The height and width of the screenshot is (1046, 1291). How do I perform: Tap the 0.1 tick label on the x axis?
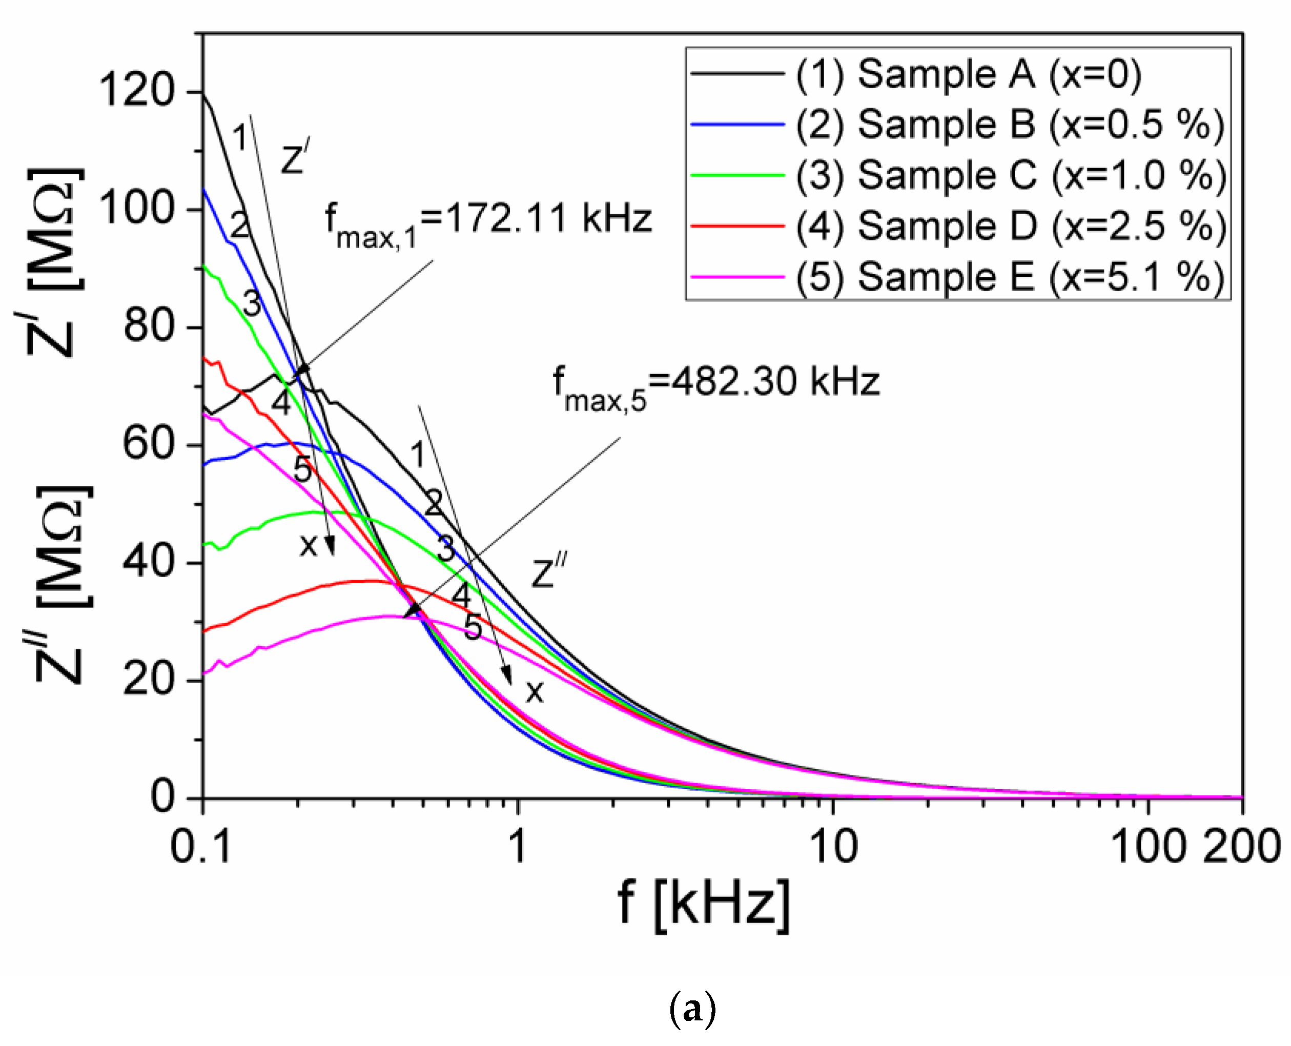(201, 847)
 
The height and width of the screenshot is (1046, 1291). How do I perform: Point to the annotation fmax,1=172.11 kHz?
(488, 224)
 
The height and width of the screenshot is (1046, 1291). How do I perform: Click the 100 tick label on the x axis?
(1147, 847)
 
